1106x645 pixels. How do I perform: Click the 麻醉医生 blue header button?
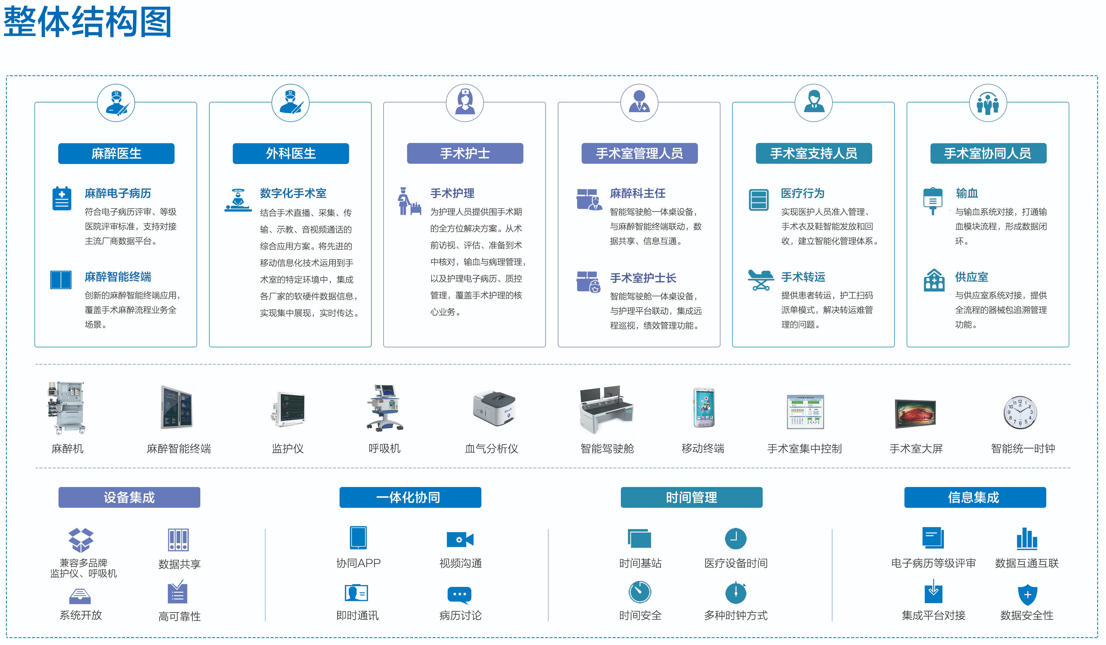pyautogui.click(x=116, y=153)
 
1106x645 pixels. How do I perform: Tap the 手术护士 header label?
pyautogui.click(x=465, y=153)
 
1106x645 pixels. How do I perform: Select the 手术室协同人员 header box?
pyautogui.click(x=988, y=153)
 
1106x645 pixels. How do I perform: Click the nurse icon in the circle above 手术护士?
pyautogui.click(x=465, y=103)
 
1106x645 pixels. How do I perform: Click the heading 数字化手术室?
pyautogui.click(x=293, y=193)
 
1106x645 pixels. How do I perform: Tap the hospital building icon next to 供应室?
pyautogui.click(x=934, y=280)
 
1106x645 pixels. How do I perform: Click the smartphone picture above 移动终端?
pyautogui.click(x=704, y=408)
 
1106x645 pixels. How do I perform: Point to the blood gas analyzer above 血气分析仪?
pyautogui.click(x=494, y=409)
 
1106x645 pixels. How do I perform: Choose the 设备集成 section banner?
pyautogui.click(x=129, y=497)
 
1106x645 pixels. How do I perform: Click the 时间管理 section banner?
pyautogui.click(x=691, y=497)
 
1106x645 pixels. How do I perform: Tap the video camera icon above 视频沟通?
pyautogui.click(x=460, y=540)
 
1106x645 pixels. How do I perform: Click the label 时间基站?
pyautogui.click(x=640, y=563)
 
